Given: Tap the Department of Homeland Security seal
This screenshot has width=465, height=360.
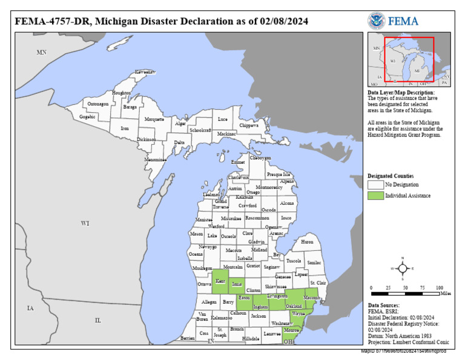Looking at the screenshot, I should (x=376, y=21).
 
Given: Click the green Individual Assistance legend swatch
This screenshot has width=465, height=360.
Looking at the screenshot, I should (x=375, y=195).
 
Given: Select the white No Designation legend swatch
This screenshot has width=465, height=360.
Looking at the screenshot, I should (x=375, y=184).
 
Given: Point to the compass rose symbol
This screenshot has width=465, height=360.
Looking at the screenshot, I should (x=403, y=268).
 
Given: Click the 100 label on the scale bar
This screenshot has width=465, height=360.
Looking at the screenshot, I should (x=440, y=287).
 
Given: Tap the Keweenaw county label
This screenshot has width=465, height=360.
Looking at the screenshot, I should (x=145, y=72).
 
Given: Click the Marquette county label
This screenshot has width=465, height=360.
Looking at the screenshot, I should (x=154, y=119).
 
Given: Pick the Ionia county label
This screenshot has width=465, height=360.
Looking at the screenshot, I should (x=237, y=284).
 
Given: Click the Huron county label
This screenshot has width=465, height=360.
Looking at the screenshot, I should (x=307, y=241).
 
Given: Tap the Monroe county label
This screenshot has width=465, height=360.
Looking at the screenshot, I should (x=291, y=330).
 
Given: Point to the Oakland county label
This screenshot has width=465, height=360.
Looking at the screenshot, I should (x=294, y=307).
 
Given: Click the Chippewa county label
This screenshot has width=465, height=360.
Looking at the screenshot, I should (x=248, y=125).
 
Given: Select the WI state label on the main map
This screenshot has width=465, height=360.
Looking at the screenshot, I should (x=85, y=224).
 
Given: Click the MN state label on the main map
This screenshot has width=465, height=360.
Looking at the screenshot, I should (x=41, y=53).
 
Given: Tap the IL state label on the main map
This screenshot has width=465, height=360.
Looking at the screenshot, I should (x=97, y=319).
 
